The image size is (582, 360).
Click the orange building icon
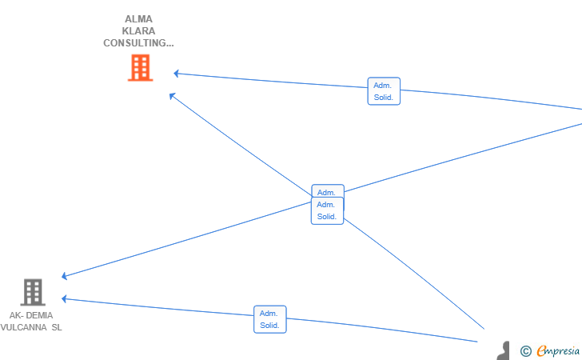pos(140,68)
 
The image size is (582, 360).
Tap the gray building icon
pos(32,292)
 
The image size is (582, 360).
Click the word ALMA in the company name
pos(139,19)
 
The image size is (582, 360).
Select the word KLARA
pos(139,31)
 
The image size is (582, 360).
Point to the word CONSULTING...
pos(136,43)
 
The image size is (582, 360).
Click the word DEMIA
pos(39,315)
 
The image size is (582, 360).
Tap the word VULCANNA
pos(24,327)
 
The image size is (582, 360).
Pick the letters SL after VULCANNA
pos(56,327)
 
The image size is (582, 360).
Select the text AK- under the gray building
pos(17,315)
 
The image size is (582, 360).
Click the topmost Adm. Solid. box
pos(384,91)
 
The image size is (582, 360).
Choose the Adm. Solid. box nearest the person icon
pos(270,319)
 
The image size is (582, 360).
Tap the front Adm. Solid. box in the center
pos(327,211)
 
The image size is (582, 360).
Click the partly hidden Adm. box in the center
pos(327,190)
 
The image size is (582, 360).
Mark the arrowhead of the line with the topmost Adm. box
pos(177,74)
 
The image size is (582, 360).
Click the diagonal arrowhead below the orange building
pos(172,96)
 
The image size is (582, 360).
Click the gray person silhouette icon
pos(503,351)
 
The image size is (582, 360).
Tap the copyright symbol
pos(525,350)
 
